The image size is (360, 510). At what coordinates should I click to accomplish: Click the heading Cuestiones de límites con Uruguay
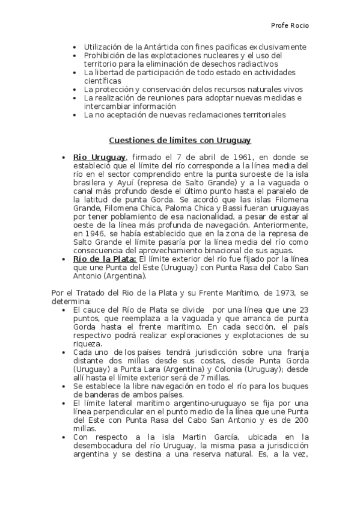pos(180,140)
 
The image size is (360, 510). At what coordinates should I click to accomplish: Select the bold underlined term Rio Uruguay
pos(99,157)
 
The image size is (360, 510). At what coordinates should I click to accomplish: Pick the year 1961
pos(234,157)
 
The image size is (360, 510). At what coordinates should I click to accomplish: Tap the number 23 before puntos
pos(304,310)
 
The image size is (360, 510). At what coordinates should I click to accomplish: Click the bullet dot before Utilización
pos(74,47)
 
